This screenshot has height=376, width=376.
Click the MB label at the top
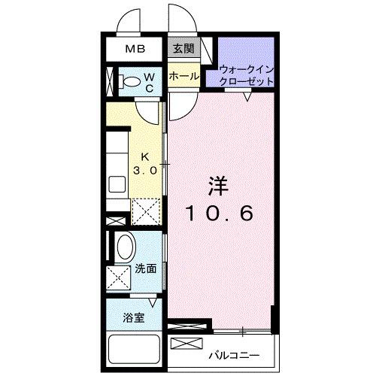135,50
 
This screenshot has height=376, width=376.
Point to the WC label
149,80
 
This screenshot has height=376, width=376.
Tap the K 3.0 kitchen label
145,164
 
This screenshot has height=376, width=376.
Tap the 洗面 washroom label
145,268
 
